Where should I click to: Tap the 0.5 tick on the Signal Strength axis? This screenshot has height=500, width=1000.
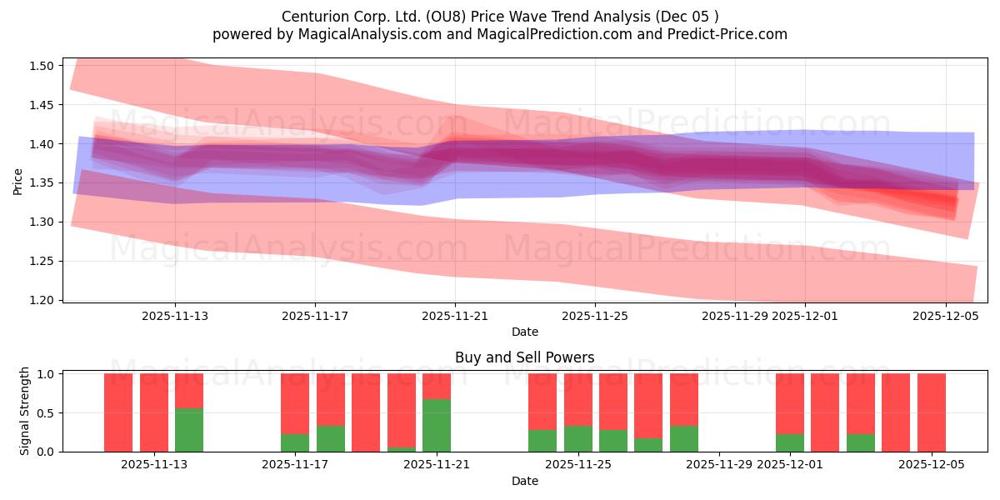pyautogui.click(x=46, y=412)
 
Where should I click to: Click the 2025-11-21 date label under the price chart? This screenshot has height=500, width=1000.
pyautogui.click(x=455, y=316)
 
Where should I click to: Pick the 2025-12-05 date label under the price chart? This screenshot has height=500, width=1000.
pyautogui.click(x=945, y=316)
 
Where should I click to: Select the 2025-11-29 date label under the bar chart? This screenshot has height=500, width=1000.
pyautogui.click(x=718, y=465)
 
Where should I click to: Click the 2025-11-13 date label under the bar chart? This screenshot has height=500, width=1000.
pyautogui.click(x=153, y=465)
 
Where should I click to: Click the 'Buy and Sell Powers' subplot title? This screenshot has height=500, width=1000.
pyautogui.click(x=525, y=358)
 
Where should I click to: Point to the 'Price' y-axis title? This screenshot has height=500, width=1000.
pyautogui.click(x=18, y=180)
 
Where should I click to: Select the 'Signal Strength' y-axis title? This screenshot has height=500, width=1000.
pyautogui.click(x=25, y=411)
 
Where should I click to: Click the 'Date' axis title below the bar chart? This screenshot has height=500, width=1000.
pyautogui.click(x=525, y=481)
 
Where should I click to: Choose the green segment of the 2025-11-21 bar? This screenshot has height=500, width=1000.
pyautogui.click(x=437, y=425)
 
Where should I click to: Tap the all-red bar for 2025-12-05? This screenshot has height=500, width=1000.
pyautogui.click(x=931, y=412)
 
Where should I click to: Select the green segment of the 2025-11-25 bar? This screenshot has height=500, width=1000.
pyautogui.click(x=577, y=438)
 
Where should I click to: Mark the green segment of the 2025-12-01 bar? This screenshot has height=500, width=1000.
pyautogui.click(x=789, y=442)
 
